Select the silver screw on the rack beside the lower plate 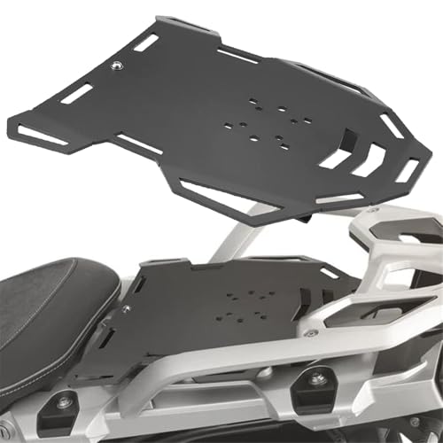(x=310, y=333)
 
